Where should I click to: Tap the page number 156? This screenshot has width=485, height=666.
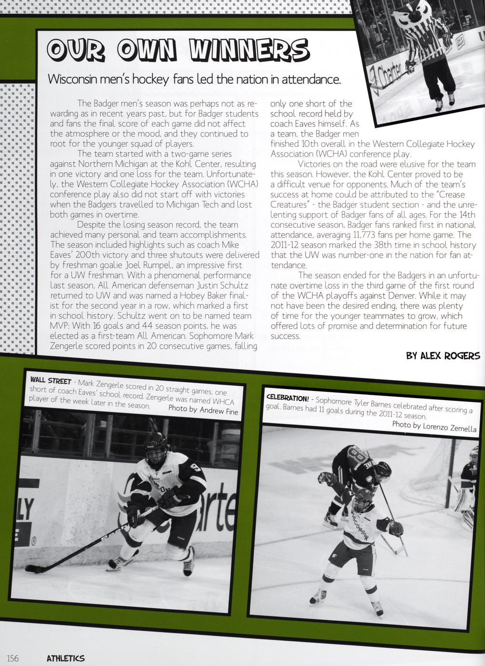coord(13,658)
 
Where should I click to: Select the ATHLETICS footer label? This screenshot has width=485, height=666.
coord(66,658)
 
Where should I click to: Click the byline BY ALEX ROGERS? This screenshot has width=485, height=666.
coord(443,356)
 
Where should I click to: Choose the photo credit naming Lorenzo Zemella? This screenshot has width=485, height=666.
coord(434,427)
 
